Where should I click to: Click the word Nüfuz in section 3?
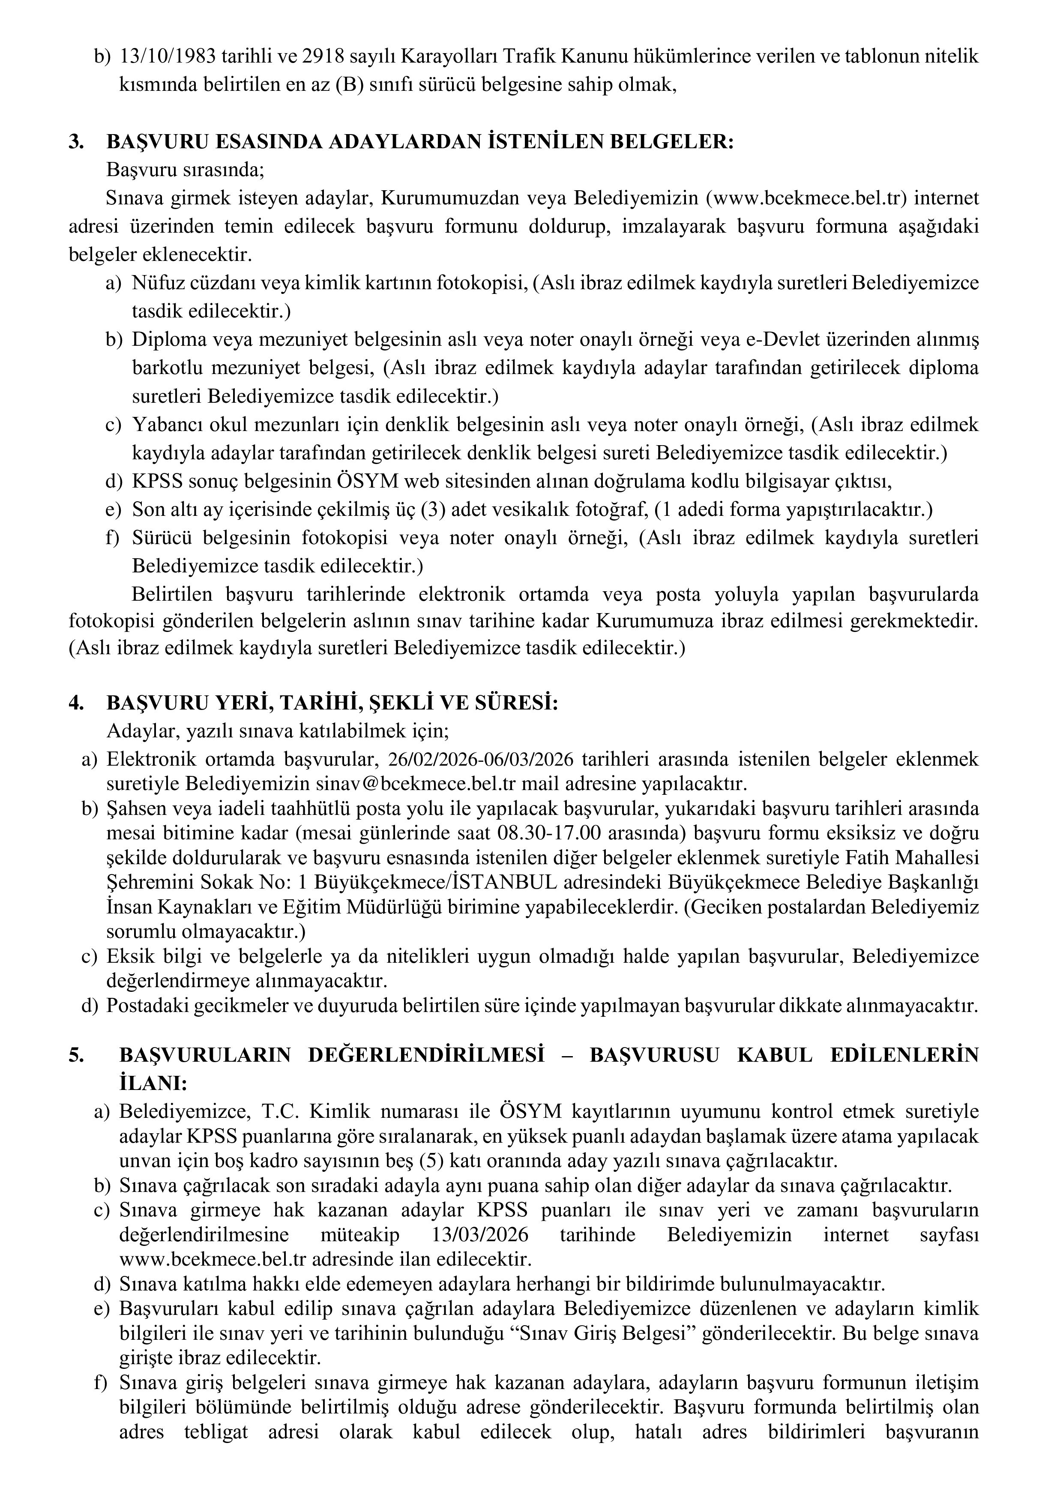(155, 284)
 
